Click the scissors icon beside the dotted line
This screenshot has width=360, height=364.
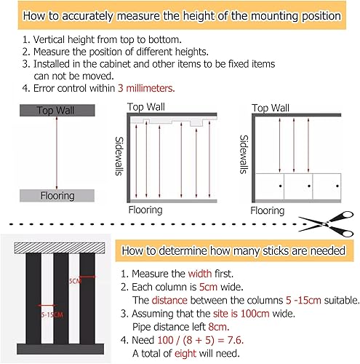326,224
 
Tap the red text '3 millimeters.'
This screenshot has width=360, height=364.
146,88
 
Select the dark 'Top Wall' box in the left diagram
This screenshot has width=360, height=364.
57,111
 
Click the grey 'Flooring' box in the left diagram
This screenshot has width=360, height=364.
57,196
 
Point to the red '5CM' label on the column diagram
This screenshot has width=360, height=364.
75,281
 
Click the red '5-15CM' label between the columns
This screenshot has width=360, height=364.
52,315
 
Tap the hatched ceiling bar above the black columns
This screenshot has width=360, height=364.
60,248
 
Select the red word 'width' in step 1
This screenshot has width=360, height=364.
200,274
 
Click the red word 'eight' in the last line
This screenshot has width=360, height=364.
185,354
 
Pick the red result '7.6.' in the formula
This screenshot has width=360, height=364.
236,340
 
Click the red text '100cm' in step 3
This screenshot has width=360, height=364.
255,314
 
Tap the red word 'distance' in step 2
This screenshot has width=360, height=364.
169,301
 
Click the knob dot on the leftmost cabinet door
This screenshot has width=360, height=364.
280,186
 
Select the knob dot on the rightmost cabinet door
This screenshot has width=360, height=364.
337,186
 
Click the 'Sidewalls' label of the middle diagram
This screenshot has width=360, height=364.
119,156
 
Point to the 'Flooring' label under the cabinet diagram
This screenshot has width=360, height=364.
268,210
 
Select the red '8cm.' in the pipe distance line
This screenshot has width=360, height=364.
219,327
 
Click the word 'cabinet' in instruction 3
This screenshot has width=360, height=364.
115,64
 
